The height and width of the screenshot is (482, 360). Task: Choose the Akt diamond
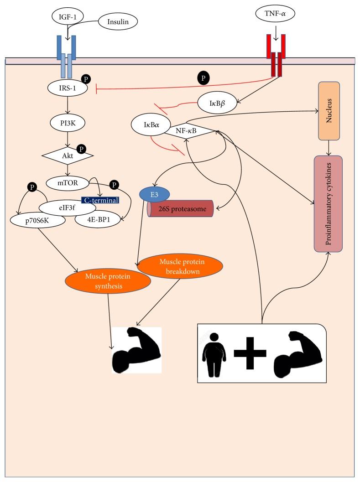click(68, 155)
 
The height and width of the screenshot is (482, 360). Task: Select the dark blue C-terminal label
click(100, 199)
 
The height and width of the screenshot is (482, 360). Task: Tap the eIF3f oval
click(67, 208)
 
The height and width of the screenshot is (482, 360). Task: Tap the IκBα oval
click(151, 124)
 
